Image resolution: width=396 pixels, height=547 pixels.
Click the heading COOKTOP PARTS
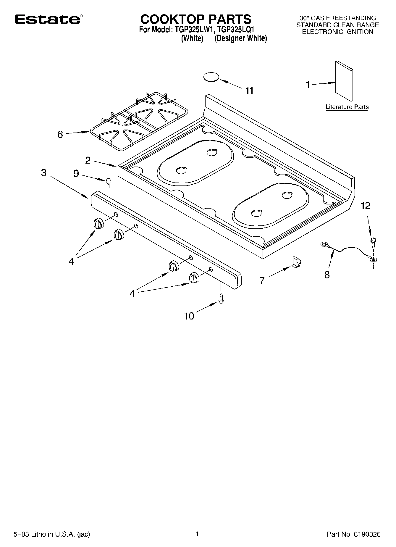195,19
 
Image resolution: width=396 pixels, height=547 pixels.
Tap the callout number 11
250,91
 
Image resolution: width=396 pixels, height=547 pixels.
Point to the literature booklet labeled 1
344,81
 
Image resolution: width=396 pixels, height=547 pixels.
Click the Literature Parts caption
347,107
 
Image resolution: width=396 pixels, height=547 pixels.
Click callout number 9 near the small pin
76,174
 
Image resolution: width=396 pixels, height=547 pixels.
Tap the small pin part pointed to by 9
109,183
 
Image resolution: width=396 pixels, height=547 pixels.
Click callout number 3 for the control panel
44,173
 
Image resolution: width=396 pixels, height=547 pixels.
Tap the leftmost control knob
99,224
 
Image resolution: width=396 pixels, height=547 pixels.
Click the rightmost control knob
194,278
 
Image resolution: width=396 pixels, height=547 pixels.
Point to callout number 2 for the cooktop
88,161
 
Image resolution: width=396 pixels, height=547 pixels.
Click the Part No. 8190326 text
353,534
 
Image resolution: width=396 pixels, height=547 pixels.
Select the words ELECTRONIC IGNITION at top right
337,32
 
